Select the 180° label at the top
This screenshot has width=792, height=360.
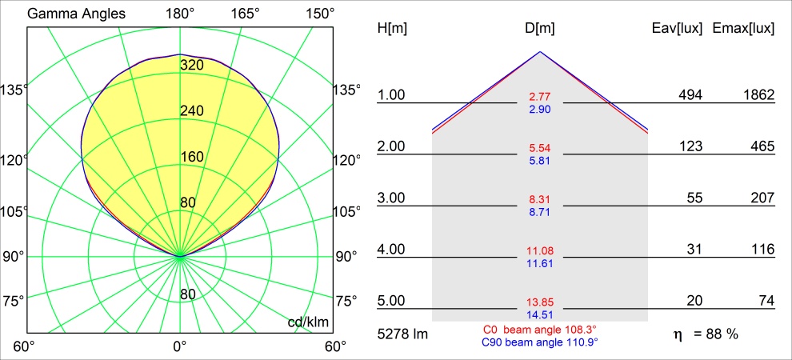(x=180, y=14)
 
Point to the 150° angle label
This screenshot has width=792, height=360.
(x=320, y=14)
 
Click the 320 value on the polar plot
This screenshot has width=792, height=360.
(x=191, y=65)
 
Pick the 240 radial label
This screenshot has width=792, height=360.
(x=191, y=111)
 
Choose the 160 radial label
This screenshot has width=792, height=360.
(x=191, y=157)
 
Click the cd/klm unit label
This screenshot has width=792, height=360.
(x=309, y=322)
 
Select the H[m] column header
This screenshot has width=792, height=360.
(x=391, y=29)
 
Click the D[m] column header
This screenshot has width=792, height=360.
(x=540, y=29)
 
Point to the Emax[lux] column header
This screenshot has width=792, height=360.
(x=743, y=29)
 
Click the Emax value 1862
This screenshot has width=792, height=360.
(x=758, y=95)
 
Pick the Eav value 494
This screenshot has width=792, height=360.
(x=690, y=95)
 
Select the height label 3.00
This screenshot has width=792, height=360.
(x=392, y=198)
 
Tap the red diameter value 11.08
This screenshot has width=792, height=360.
(x=540, y=251)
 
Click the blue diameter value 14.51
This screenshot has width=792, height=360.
(x=540, y=314)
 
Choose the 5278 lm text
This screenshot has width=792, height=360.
(x=402, y=334)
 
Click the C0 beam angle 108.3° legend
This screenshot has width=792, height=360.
(x=540, y=330)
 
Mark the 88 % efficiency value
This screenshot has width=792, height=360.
(x=720, y=334)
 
